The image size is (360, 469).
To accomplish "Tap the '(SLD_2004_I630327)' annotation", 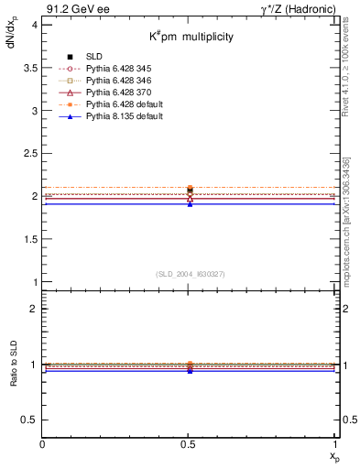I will coord(190,274).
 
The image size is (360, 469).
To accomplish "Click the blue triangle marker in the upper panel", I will coord(190,203).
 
